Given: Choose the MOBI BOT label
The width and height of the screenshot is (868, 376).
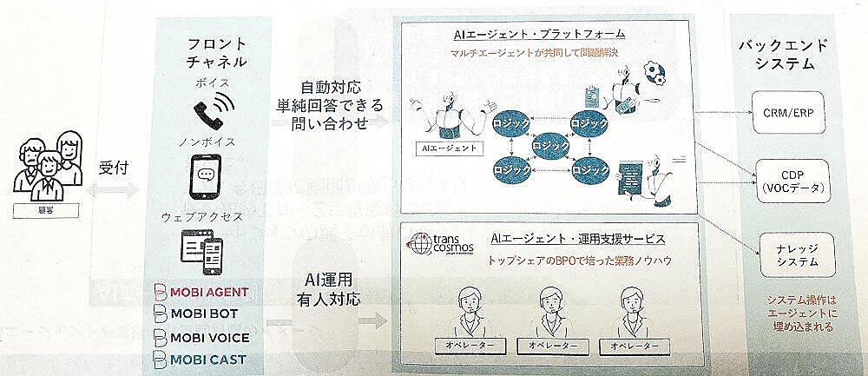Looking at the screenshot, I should pyautogui.click(x=196, y=313).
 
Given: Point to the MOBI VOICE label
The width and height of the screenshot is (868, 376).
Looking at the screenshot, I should pyautogui.click(x=201, y=337).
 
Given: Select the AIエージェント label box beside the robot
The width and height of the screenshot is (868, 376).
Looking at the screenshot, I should pyautogui.click(x=448, y=148).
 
